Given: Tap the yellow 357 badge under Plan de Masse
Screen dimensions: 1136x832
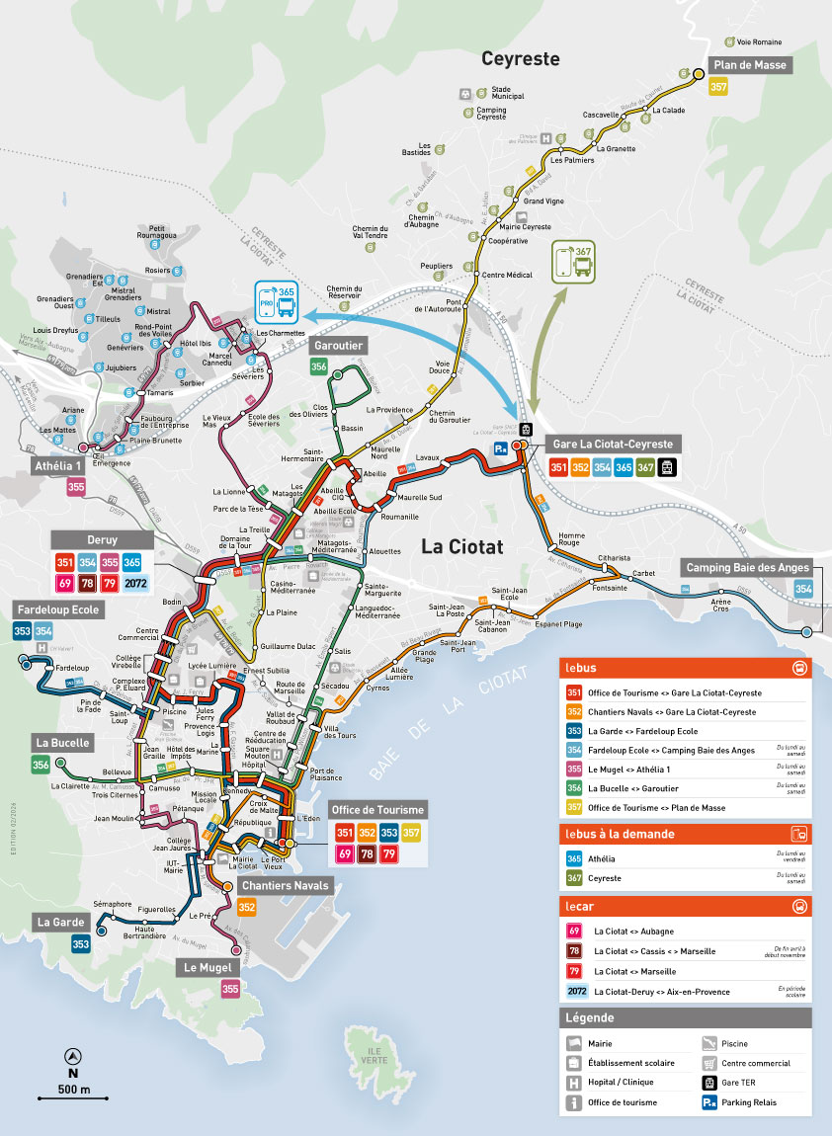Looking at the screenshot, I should tap(719, 87).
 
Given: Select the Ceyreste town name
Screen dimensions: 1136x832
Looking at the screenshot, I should tap(520, 59).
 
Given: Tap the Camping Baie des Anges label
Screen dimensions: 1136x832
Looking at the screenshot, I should tap(747, 567).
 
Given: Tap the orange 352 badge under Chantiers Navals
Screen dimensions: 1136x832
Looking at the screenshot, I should tap(247, 907).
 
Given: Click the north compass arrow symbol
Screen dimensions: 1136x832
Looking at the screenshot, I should tap(72, 1055).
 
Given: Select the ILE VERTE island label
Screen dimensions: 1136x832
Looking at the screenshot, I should tap(374, 1054).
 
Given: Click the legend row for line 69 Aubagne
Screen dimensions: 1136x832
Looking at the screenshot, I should tap(632, 932).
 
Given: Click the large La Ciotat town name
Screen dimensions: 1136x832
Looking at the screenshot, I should tap(463, 546).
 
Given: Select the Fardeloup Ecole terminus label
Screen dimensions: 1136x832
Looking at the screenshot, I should tap(57, 610).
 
